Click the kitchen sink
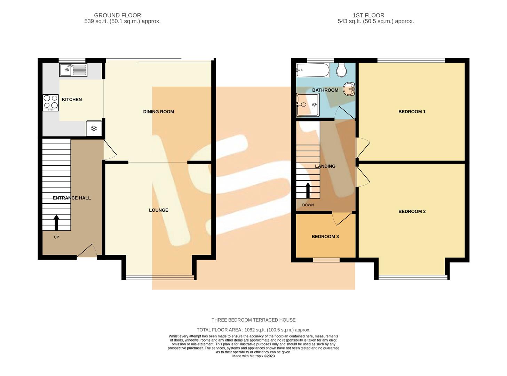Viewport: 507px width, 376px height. tap(73, 70)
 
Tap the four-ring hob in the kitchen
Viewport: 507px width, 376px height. tap(50, 102)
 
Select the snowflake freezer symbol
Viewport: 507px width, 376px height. tap(94, 128)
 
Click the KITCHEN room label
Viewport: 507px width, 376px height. tap(72, 100)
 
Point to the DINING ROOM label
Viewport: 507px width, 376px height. tap(158, 112)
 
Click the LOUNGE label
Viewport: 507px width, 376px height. tap(158, 210)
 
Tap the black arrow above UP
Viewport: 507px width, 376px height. tap(56, 222)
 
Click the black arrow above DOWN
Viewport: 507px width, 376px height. tap(308, 190)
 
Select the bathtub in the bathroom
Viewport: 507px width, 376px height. tap(312, 70)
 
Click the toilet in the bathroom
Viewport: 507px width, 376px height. tap(341, 70)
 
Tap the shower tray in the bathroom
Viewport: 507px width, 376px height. tap(308, 104)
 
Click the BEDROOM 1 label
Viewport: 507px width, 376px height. tap(412, 112)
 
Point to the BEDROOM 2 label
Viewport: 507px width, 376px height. tap(412, 212)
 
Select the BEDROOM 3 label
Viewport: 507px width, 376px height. tap(325, 237)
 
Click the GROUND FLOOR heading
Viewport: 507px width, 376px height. tap(117, 15)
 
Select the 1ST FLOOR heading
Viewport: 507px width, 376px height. tap(368, 15)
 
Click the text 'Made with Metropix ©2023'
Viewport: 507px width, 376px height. tap(253, 356)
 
